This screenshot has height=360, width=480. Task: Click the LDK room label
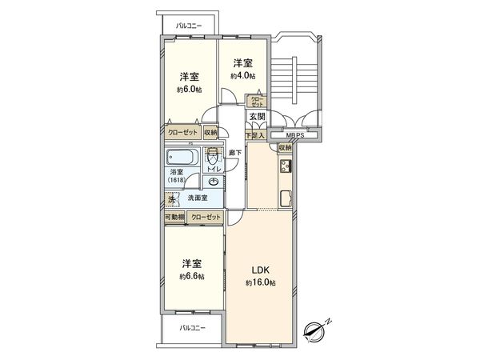pos(261,270)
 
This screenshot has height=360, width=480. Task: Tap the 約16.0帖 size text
pos(261,283)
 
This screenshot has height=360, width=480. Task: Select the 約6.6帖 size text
pos(190,276)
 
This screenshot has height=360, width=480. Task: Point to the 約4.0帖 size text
pos(243,76)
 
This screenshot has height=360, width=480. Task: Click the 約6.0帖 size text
pos(189,90)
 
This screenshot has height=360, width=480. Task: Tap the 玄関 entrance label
pos(257,118)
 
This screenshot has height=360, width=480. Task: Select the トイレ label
pos(214,170)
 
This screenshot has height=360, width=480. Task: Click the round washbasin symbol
pos(213,182)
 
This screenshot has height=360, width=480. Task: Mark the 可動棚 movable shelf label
pos(174,217)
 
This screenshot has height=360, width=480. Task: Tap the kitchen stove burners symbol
pos(285,167)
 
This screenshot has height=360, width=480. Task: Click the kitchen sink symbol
pos(285,198)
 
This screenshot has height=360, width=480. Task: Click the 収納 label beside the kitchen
pos(285,148)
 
